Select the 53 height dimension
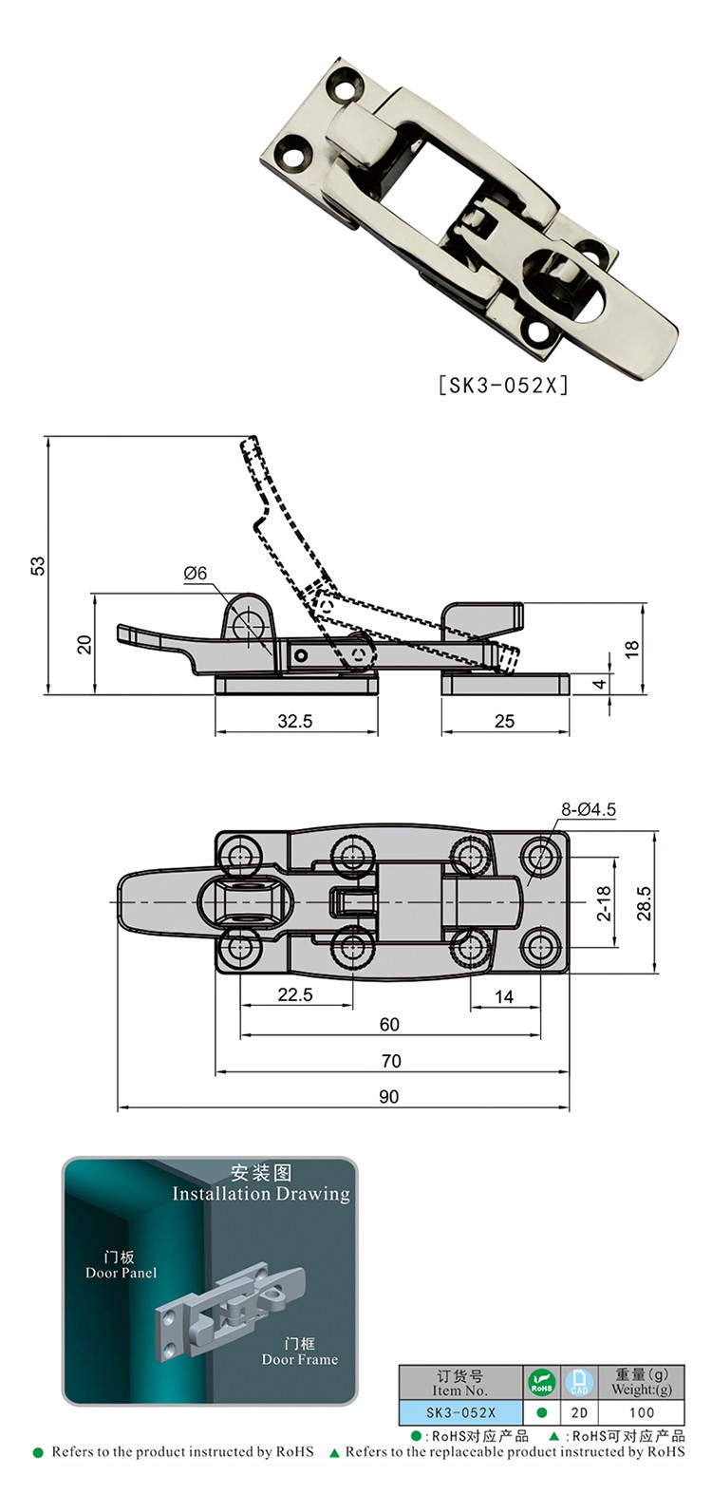[x=38, y=565]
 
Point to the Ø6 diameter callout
[x=196, y=573]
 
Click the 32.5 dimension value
[x=295, y=721]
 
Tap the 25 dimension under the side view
[x=504, y=721]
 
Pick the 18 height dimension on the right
[x=632, y=650]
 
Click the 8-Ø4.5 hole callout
[x=589, y=809]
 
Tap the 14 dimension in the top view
[x=504, y=995]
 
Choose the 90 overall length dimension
[x=389, y=1096]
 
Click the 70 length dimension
[x=390, y=1061]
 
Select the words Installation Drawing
[x=261, y=1194]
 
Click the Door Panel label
[x=121, y=1273]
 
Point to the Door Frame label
[x=300, y=1359]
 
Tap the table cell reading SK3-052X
[x=460, y=1412]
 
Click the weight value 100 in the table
[x=642, y=1412]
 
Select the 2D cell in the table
[x=579, y=1412]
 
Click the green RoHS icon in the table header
[x=541, y=1382]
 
